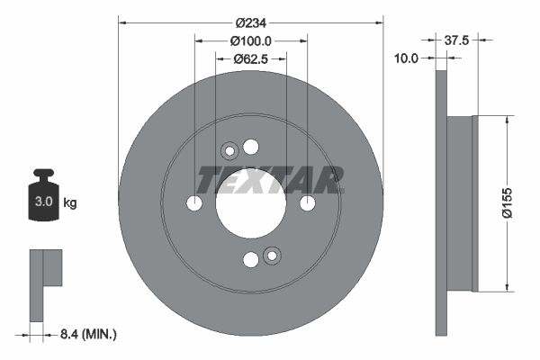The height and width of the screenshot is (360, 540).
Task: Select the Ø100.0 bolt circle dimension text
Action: pos(251,41)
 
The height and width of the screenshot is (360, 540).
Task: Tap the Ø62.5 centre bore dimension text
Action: pos(251,59)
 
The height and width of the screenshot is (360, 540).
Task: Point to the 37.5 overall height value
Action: pos(460,40)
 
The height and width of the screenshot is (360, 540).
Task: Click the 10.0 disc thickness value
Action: pos(408,58)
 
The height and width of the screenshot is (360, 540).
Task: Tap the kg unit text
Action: pos(69,203)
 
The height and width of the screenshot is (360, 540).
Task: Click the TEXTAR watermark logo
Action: pos(269,180)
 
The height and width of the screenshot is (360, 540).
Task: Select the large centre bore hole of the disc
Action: pos(251,204)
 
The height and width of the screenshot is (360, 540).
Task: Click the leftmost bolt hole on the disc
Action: pos(194,204)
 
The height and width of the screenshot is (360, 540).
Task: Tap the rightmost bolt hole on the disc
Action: pos(308,204)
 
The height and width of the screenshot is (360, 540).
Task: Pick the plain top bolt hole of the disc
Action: pos(251,147)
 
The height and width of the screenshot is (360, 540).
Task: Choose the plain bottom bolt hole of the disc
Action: pos(251,260)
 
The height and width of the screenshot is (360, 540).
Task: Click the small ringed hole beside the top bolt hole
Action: pos(229,151)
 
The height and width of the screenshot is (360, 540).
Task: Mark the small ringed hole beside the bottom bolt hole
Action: pos(273,256)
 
